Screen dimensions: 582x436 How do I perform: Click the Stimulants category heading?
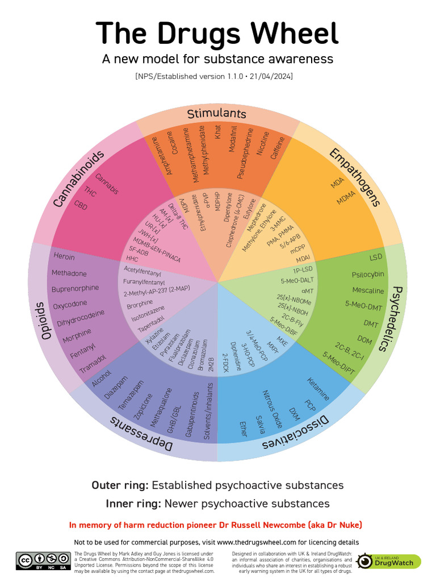coord(217,113)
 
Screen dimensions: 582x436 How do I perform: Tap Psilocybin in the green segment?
coord(368,275)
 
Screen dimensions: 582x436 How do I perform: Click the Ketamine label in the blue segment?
coord(318,389)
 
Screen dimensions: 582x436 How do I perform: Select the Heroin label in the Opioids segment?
coord(64,256)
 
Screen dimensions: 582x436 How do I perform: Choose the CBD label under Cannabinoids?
coord(81,205)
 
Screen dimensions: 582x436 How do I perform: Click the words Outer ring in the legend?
coord(120,485)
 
